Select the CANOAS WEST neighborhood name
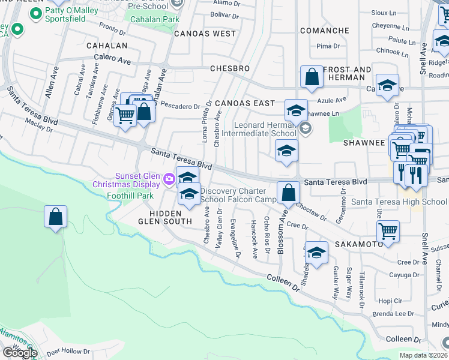pyautogui.click(x=205, y=34)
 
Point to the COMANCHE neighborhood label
pyautogui.click(x=324, y=31)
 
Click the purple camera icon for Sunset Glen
pyautogui.click(x=169, y=178)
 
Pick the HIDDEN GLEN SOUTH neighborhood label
pyautogui.click(x=166, y=218)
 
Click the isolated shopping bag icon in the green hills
pyautogui.click(x=55, y=217)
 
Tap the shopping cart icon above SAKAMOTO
pyautogui.click(x=388, y=230)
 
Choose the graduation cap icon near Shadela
pyautogui.click(x=316, y=252)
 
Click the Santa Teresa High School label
pyautogui.click(x=399, y=202)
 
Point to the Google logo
pyautogui.click(x=19, y=353)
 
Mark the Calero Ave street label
pyautogui.click(x=112, y=59)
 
